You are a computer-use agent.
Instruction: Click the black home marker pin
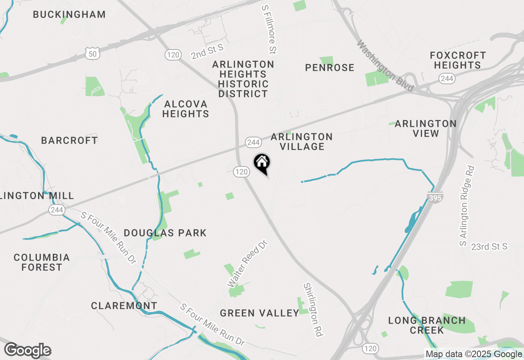[x=262, y=163]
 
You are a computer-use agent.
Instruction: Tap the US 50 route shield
[x=93, y=53]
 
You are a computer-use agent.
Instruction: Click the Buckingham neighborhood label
[x=69, y=15]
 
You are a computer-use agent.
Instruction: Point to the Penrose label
[x=330, y=68]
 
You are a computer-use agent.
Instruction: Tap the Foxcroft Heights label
[x=458, y=60]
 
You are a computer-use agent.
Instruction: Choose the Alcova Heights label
[x=185, y=109]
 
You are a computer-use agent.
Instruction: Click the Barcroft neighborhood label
[x=70, y=140]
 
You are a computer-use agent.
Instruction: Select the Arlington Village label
[x=302, y=142]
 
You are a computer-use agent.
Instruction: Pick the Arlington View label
[x=426, y=128]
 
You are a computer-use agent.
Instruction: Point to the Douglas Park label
[x=165, y=233]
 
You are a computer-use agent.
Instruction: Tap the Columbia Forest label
[x=41, y=262]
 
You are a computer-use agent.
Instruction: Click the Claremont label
[x=124, y=306]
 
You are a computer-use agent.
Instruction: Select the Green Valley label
[x=260, y=313]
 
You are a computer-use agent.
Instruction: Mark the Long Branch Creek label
[x=427, y=325]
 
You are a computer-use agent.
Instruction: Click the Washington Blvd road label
[x=385, y=66]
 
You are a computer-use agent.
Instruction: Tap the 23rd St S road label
[x=489, y=247]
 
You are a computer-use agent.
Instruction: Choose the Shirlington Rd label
[x=312, y=309]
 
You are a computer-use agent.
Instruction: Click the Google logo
[x=28, y=351]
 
